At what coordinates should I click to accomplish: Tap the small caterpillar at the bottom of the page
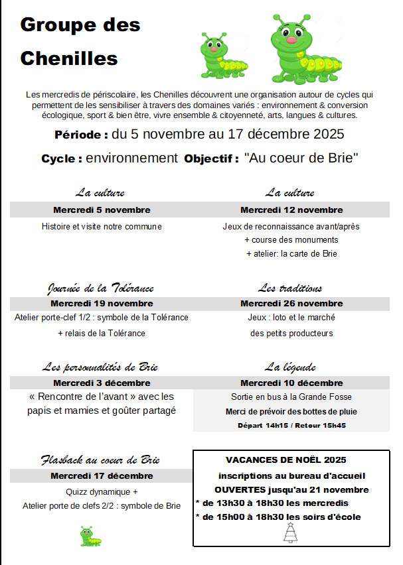click(x=86, y=536)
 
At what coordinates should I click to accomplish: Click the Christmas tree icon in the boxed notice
click(x=290, y=533)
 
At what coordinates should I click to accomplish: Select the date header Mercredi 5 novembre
click(x=102, y=210)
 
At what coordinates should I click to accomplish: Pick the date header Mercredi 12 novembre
click(x=291, y=210)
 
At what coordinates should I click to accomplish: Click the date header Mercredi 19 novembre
click(x=102, y=304)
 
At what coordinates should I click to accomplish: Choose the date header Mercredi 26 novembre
click(x=291, y=304)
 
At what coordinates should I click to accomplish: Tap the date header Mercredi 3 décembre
click(x=102, y=383)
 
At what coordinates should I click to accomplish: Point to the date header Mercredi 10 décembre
click(x=291, y=383)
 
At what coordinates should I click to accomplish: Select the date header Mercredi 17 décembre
click(x=102, y=475)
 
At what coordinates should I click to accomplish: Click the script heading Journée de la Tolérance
click(x=101, y=288)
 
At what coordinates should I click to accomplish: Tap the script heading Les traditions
click(x=290, y=288)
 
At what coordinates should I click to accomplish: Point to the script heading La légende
click(x=290, y=367)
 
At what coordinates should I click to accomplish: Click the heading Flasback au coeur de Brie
click(x=100, y=460)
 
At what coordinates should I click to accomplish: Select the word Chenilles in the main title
click(x=69, y=58)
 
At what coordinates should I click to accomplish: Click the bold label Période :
click(x=81, y=135)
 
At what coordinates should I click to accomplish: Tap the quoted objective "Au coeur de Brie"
click(x=301, y=158)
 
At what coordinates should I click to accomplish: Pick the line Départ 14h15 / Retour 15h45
click(x=291, y=425)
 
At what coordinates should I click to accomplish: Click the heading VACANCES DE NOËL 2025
click(x=286, y=460)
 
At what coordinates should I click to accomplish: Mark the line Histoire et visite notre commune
click(x=102, y=226)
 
